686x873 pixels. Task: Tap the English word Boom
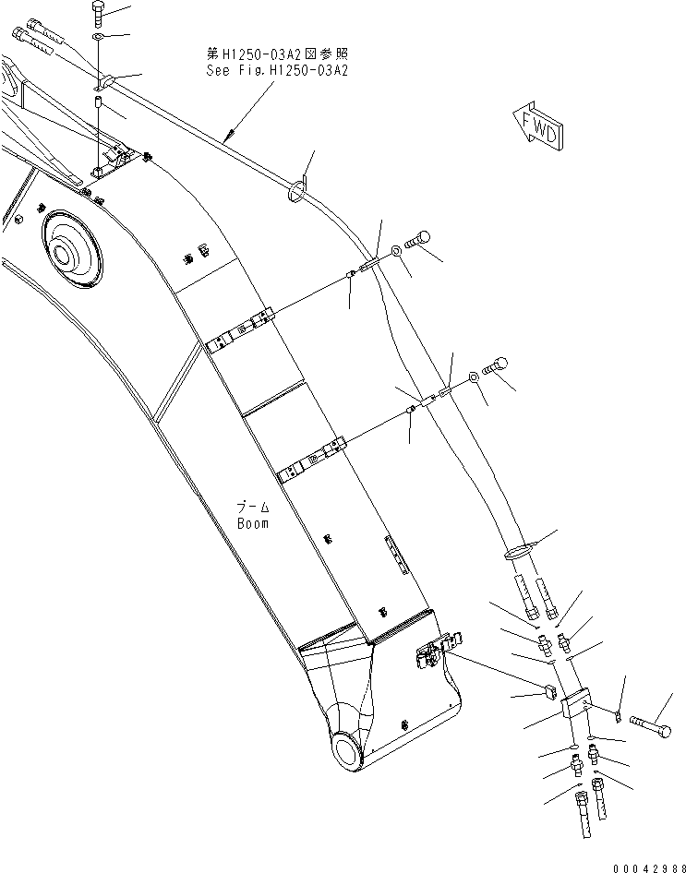253,523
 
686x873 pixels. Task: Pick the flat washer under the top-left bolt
99,38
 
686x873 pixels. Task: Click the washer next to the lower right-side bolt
472,377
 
